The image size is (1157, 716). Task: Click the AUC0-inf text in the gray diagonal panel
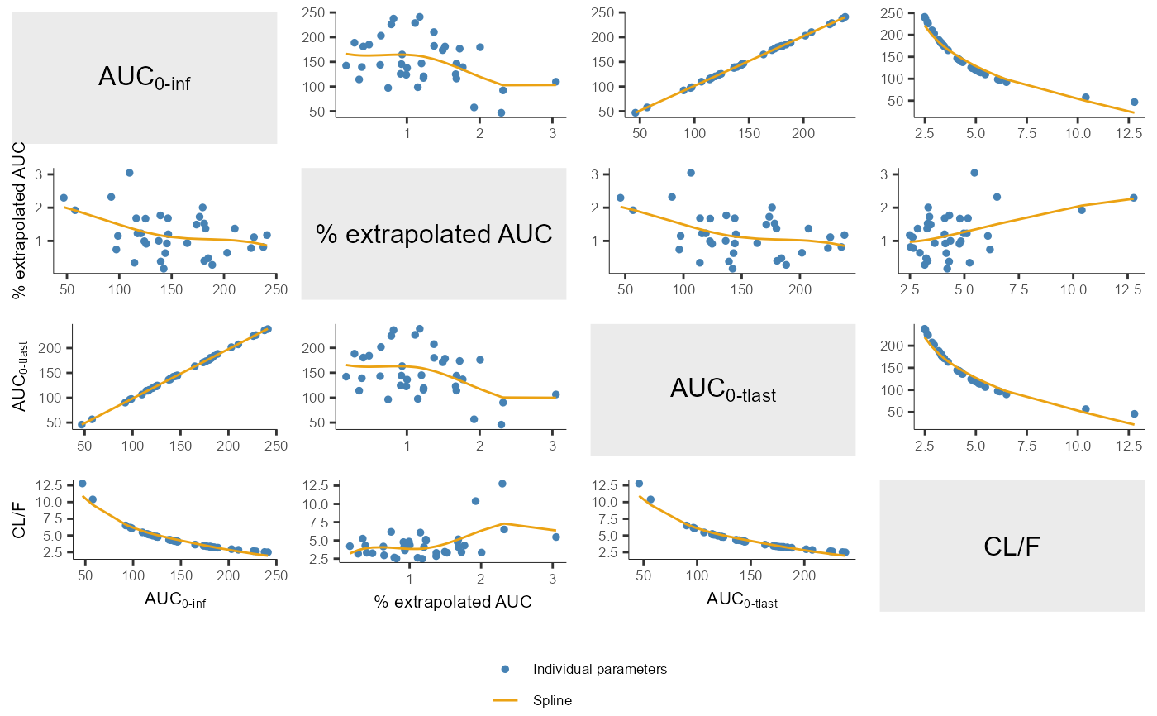coord(145,78)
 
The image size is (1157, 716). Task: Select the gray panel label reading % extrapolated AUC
coord(434,234)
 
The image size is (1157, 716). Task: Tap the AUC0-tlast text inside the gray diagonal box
coord(723,389)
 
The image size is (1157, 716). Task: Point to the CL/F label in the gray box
coord(1012,546)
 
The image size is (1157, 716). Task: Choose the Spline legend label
coord(552,700)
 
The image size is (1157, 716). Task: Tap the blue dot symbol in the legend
coord(505,669)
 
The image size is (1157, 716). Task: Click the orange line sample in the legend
coord(505,700)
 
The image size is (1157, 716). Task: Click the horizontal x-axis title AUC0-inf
coord(175,601)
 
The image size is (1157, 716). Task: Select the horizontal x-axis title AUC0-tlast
coord(742,602)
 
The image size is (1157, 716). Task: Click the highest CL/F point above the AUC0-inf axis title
coord(82,484)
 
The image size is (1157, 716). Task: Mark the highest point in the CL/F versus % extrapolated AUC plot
coord(502,484)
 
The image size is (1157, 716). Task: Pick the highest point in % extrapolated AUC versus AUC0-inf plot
coord(129,173)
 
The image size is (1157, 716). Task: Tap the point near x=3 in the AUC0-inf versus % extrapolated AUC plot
coord(555,82)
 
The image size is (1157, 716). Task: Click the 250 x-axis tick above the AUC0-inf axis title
coord(275,575)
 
